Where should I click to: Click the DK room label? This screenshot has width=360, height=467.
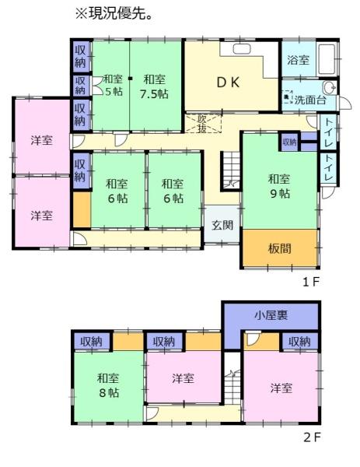(228, 83)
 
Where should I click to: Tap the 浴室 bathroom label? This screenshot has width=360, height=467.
(298, 60)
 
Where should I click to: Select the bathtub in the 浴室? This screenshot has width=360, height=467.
(327, 59)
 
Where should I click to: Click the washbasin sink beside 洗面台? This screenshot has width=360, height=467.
(330, 87)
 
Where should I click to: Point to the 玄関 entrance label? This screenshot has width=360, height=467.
(222, 225)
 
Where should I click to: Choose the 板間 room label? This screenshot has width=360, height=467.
(279, 248)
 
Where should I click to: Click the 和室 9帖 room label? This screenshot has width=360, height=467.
(279, 186)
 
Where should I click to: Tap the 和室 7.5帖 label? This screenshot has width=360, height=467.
(154, 86)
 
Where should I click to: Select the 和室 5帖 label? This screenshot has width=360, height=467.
(114, 85)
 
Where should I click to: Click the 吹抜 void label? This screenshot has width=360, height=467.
(202, 124)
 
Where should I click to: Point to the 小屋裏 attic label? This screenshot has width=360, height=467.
(271, 315)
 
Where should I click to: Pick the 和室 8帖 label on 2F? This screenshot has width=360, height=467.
(109, 385)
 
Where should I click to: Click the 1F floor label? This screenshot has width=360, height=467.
(310, 282)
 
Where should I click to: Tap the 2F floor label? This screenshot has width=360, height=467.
(312, 437)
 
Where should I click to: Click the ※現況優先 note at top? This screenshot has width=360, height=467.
(114, 14)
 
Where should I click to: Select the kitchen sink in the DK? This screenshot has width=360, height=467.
(242, 49)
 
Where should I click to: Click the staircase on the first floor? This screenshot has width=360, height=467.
(231, 170)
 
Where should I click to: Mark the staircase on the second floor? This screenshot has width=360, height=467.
(232, 378)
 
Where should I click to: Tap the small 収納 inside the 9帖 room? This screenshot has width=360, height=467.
(289, 142)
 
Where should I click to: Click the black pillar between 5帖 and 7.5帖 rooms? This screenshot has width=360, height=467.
(130, 79)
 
